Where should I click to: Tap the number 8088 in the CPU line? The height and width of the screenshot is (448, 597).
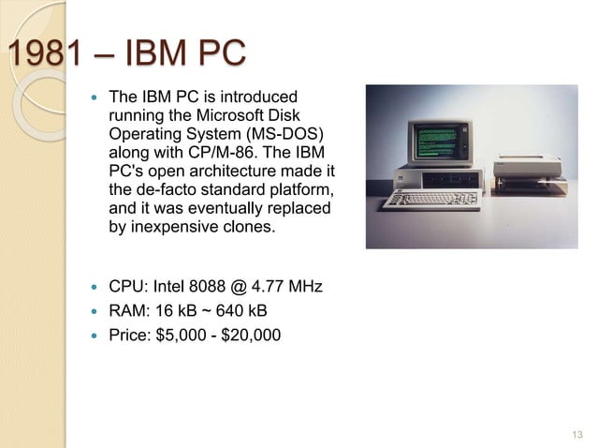point(235,285)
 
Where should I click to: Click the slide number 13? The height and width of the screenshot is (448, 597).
point(575,433)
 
